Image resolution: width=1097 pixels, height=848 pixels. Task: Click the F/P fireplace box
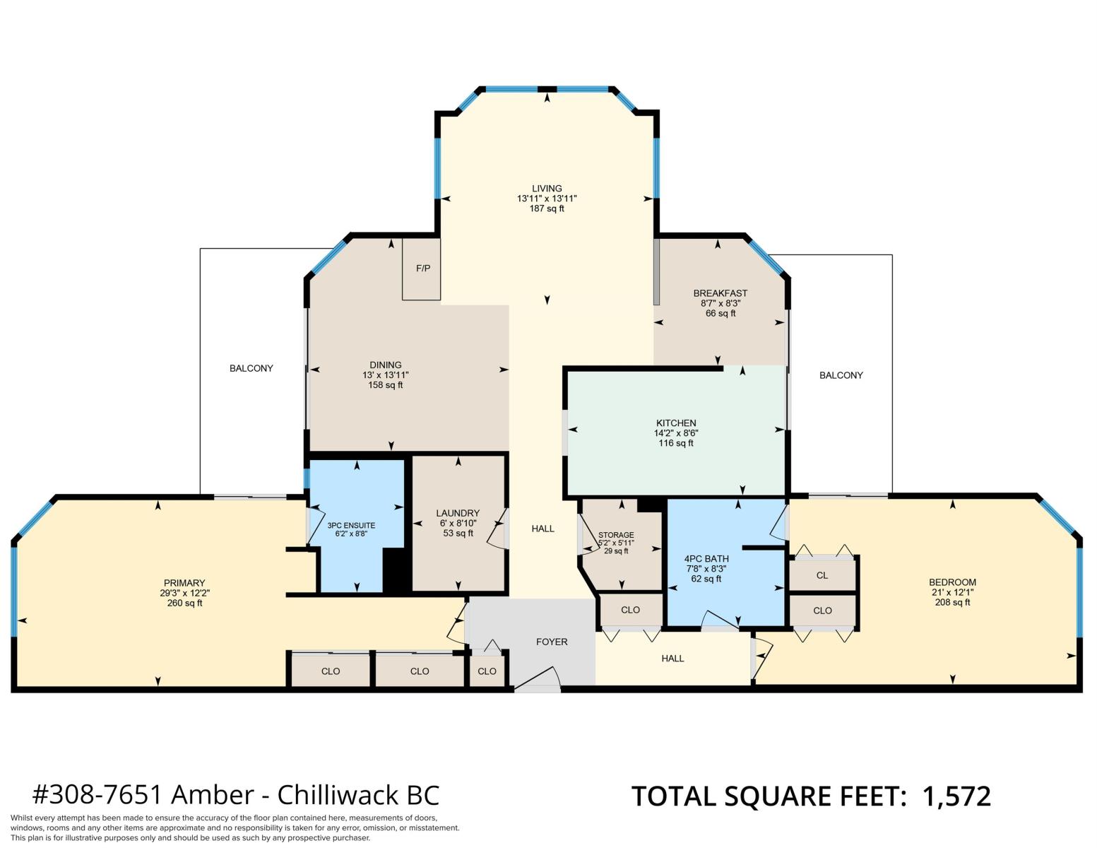[421, 269]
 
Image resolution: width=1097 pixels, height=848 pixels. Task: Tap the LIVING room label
[547, 189]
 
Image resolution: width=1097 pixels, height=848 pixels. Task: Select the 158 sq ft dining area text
[385, 385]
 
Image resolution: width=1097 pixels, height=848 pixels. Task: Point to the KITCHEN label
[676, 423]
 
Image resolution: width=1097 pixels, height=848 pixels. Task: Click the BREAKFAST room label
[720, 293]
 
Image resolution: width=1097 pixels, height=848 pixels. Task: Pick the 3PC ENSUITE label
[351, 525]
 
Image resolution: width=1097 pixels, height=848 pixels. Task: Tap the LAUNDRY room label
[458, 512]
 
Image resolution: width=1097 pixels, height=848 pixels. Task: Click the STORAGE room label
[616, 535]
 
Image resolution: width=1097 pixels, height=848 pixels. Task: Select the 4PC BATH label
[706, 558]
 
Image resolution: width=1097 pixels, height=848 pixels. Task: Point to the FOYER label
[552, 642]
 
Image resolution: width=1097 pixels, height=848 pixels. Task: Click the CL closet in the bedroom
[822, 575]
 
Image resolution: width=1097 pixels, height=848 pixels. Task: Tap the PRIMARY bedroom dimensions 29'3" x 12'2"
[184, 593]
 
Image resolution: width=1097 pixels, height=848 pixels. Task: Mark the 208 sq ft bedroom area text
[952, 602]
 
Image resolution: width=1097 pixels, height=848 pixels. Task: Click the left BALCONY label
[251, 368]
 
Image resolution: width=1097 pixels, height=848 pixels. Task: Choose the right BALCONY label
[841, 375]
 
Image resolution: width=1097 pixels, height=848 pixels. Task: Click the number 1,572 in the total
[956, 796]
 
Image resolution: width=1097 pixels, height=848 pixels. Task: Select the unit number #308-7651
[97, 795]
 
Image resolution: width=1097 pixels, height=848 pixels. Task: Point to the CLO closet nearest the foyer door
[487, 671]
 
